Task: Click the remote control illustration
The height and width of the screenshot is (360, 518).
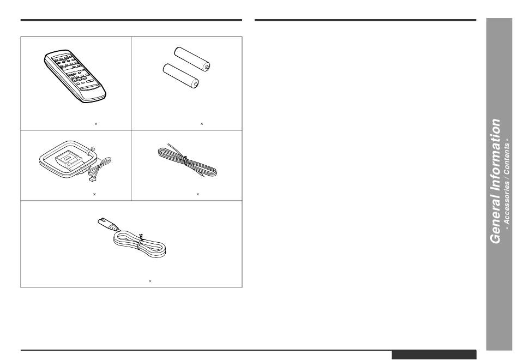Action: point(75,76)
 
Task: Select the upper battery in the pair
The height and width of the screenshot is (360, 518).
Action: point(192,59)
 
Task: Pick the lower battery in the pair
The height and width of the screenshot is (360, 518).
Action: point(181,76)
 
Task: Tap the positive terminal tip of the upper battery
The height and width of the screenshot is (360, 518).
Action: point(207,67)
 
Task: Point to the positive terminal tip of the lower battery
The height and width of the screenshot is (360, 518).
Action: point(196,85)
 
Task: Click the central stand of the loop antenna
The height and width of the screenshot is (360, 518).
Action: point(69,160)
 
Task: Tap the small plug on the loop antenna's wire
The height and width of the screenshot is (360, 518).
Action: point(92,179)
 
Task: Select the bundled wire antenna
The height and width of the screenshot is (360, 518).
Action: point(187,161)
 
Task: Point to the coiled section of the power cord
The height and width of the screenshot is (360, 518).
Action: point(140,245)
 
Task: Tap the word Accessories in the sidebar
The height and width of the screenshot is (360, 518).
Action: point(507,202)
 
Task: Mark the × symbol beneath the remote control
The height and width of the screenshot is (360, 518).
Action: point(96,124)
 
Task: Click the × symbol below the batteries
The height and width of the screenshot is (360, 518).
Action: point(202,124)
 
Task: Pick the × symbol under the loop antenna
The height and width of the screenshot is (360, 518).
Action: point(94,194)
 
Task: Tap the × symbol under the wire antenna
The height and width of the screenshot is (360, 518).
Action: point(197,194)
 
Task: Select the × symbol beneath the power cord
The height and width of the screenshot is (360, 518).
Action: point(150,281)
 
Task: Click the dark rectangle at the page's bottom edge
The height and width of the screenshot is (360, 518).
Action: point(434,355)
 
